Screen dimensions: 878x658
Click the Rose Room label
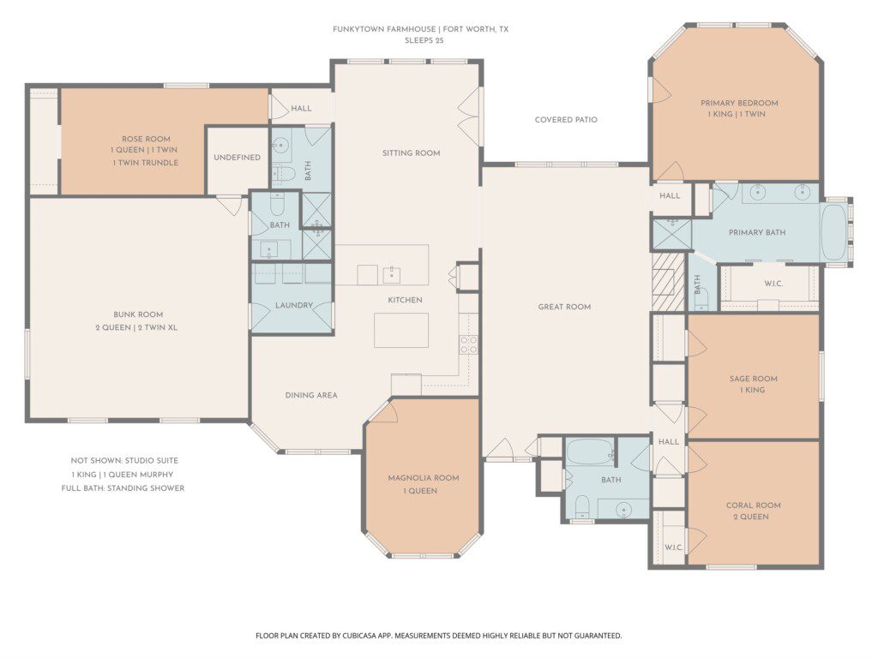[146, 139]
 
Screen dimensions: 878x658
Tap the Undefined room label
[238, 158]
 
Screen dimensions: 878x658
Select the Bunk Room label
[138, 314]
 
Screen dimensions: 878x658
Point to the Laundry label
[294, 305]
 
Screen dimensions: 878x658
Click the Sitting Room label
[411, 153]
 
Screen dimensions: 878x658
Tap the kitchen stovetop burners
[469, 344]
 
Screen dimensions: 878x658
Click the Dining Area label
[311, 395]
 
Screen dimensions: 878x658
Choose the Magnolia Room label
[424, 478]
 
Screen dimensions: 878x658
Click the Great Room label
[564, 307]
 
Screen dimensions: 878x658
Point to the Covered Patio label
[566, 119]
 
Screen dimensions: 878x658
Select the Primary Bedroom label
[739, 103]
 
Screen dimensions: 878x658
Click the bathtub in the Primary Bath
[833, 232]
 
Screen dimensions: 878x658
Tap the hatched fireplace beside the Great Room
[669, 281]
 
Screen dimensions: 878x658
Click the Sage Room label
[753, 379]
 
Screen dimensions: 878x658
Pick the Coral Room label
[753, 505]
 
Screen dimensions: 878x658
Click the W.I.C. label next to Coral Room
[674, 547]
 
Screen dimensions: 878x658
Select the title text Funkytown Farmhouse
[384, 29]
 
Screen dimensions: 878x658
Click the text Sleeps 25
[424, 40]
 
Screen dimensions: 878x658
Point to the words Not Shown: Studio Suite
[124, 460]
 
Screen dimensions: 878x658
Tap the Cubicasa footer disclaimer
[438, 636]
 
